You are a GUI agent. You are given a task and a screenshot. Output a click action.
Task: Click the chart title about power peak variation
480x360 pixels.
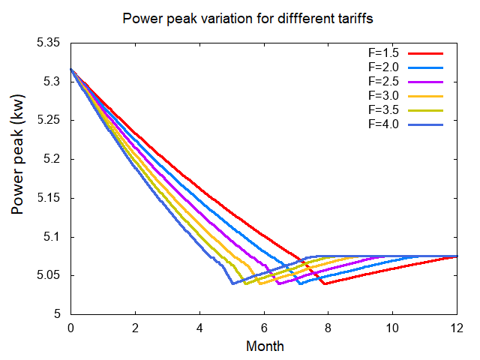pyautogui.click(x=240, y=17)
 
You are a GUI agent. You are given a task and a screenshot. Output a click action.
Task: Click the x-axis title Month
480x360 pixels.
pyautogui.click(x=265, y=346)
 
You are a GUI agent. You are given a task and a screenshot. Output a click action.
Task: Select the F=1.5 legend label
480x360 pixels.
pyautogui.click(x=385, y=54)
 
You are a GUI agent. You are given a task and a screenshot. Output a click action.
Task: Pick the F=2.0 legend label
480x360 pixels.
pyautogui.click(x=385, y=67)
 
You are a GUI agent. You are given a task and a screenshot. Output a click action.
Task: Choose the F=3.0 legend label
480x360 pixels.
pyautogui.click(x=385, y=95)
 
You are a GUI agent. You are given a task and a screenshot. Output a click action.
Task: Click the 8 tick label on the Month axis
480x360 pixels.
pyautogui.click(x=328, y=328)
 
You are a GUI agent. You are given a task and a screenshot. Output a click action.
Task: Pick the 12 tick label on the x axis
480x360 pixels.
pyautogui.click(x=457, y=328)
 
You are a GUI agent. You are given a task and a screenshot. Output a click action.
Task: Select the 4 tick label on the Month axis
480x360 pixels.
pyautogui.click(x=199, y=328)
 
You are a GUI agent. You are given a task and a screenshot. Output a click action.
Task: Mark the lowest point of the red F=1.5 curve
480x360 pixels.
pyautogui.click(x=324, y=283)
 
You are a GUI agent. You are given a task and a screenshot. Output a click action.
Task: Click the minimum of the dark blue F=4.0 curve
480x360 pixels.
pyautogui.click(x=232, y=283)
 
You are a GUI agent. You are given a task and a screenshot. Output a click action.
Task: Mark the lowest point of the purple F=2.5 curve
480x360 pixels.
pyautogui.click(x=279, y=283)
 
